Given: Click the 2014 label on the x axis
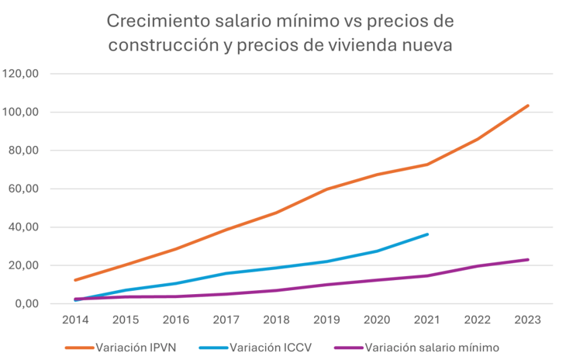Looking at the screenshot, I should (76, 319).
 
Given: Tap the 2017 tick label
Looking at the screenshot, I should (226, 319).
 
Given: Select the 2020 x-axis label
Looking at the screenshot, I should (377, 319).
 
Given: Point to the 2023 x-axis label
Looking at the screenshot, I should (528, 319).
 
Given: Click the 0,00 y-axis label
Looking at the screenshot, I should (31, 304).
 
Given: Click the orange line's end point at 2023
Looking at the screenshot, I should (528, 106).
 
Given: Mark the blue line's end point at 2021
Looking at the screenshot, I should (427, 234).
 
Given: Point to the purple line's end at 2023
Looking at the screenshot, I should (528, 259).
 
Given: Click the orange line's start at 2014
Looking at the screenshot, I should (76, 280).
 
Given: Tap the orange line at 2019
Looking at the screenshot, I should (326, 189).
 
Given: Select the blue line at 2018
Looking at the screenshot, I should (276, 268).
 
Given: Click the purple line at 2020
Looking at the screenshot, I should (377, 280).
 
